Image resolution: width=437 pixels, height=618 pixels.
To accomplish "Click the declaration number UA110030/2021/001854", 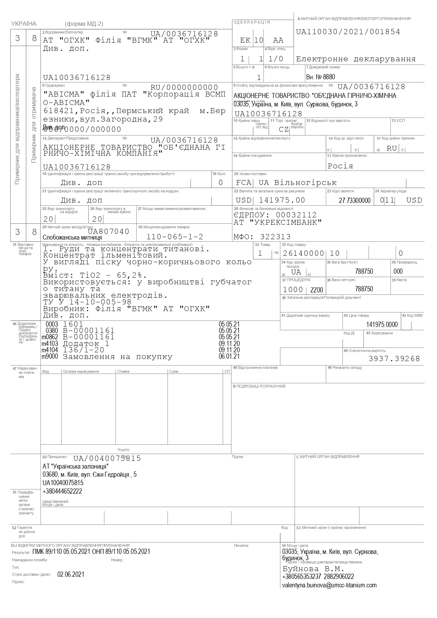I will [348, 32].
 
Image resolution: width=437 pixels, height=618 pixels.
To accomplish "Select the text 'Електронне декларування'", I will [356, 59].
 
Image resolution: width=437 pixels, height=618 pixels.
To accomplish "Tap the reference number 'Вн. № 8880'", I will [320, 77].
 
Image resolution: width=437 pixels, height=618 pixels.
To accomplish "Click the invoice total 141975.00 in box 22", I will [282, 200].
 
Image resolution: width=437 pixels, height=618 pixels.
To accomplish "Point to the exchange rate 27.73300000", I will [355, 200].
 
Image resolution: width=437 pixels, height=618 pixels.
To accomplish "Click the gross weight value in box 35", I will [364, 271].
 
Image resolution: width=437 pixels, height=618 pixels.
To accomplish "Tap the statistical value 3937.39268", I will [394, 359].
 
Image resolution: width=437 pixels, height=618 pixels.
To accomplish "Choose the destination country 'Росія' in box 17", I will [340, 166].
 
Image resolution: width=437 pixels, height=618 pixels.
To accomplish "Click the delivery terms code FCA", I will [244, 183].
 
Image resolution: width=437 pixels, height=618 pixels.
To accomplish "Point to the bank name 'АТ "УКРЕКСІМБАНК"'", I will [278, 222].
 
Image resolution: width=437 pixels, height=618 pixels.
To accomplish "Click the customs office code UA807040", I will [109, 231].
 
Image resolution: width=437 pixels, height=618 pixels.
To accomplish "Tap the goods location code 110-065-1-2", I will [175, 237].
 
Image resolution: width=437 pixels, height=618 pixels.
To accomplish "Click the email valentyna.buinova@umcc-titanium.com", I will [329, 585].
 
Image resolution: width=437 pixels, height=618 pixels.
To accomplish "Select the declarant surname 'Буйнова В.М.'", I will [313, 569].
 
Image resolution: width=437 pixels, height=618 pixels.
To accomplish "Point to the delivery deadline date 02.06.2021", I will [71, 574].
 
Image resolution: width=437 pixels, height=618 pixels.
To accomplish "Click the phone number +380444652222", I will [62, 491].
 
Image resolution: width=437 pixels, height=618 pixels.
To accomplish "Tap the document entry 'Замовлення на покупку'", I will [118, 357].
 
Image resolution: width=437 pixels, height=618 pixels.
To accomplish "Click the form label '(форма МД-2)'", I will [84, 24].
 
